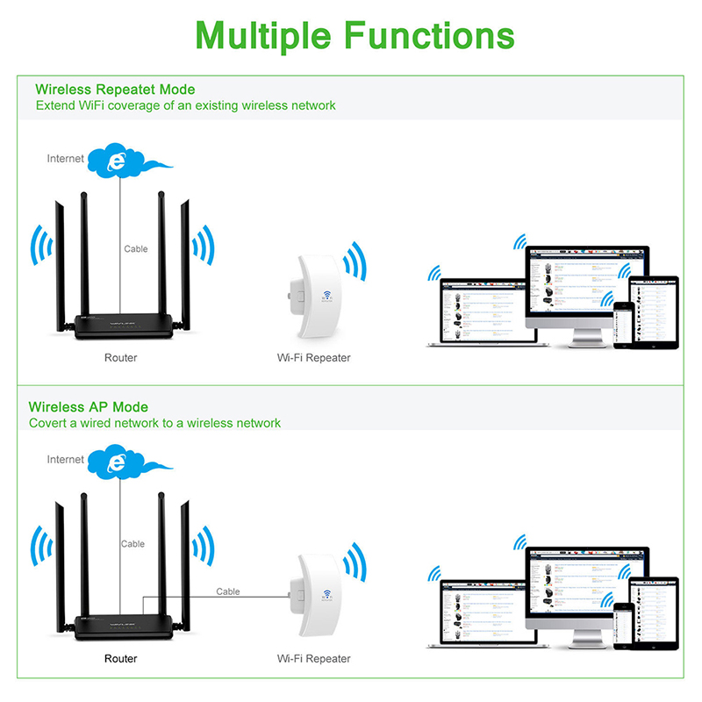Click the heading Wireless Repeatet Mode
pos(115,90)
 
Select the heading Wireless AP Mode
pos(89,407)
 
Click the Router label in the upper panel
pos(120,358)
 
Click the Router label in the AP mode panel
pos(120,658)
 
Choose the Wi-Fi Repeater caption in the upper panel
pos(313,358)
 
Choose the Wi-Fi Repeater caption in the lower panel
pos(313,658)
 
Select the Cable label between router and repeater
pos(228,591)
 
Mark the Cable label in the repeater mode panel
pos(136,249)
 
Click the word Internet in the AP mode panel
pos(66,460)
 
